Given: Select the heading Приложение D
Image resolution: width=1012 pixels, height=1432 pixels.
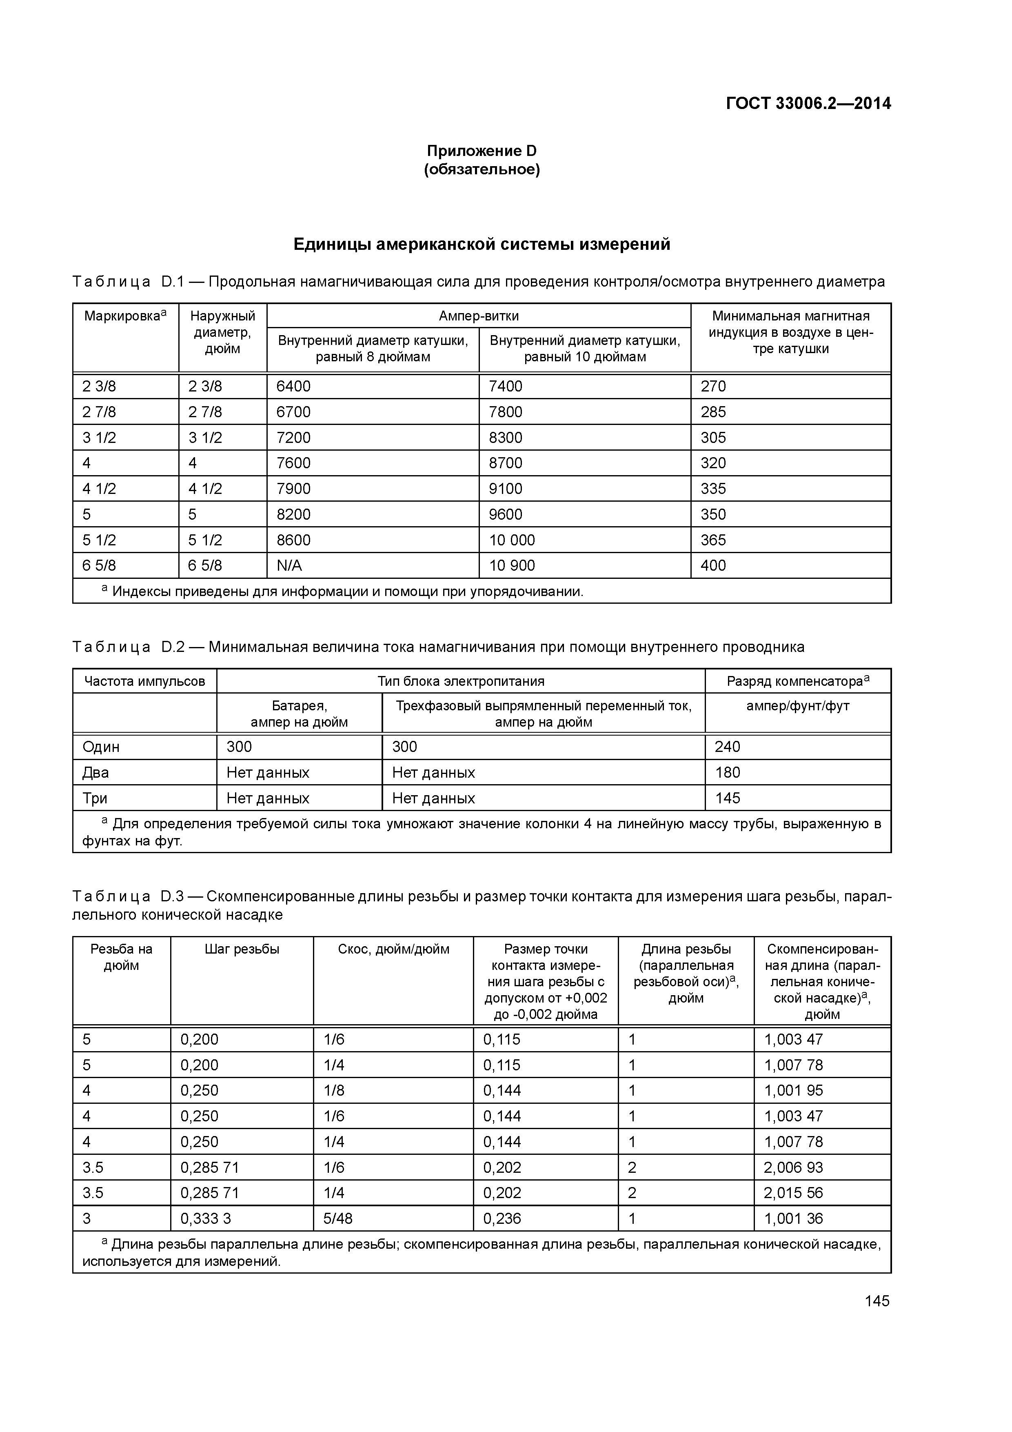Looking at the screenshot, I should coord(482,151).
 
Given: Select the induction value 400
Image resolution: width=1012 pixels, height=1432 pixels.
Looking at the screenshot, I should coord(713,566).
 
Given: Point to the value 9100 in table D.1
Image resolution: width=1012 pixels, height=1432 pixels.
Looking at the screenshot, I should coord(505,489).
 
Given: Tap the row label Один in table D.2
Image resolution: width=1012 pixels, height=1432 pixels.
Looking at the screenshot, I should coord(101,747).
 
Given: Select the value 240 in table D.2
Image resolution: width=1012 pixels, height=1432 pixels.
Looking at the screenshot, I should coord(727,747).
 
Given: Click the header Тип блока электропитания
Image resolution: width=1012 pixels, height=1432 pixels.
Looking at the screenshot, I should coord(461,681).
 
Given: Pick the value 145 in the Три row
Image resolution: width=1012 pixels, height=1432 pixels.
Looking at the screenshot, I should coord(727,798).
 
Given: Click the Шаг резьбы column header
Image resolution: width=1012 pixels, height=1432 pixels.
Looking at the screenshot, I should coord(242,949).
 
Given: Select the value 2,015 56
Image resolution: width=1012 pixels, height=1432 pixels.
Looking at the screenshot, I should coord(793,1193).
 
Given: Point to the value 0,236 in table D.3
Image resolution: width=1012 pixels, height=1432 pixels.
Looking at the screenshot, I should coord(502,1219).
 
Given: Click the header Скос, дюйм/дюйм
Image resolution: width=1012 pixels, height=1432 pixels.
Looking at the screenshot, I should coord(393,949).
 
